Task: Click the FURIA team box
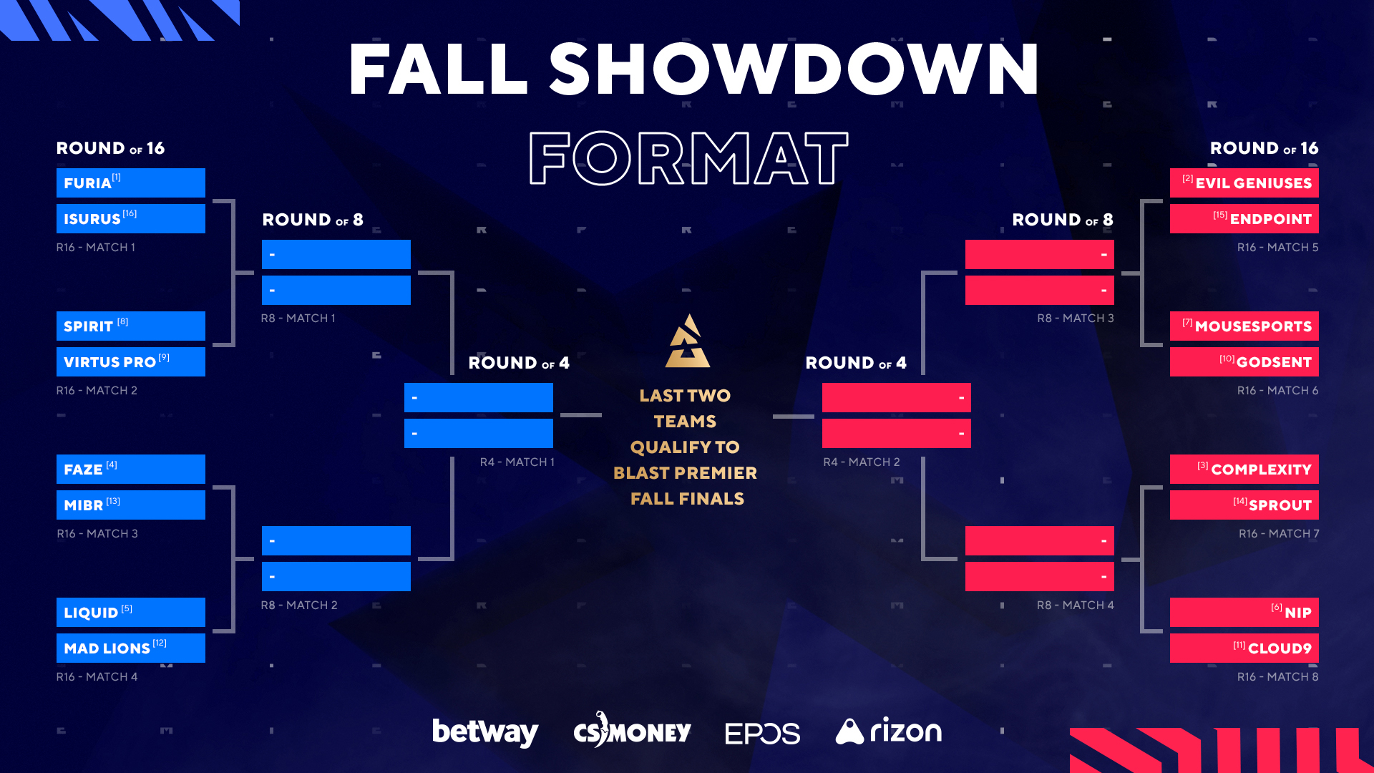pos(131,183)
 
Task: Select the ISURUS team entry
pos(131,218)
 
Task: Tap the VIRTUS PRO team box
pos(131,361)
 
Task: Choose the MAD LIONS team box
pos(131,648)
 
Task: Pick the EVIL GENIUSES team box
pos(1244,183)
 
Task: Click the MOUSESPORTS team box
pos(1244,326)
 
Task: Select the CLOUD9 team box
pos(1244,648)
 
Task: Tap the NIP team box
pos(1244,612)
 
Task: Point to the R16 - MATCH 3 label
pos(97,533)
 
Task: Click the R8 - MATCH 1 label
pos(298,318)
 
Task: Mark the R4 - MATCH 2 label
pos(862,462)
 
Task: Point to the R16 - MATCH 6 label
pos(1278,390)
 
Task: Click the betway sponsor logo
pos(485,731)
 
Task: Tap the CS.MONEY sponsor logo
pos(633,730)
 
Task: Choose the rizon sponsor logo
pos(889,731)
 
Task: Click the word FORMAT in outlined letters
pos(688,158)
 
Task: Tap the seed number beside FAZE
pos(112,465)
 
